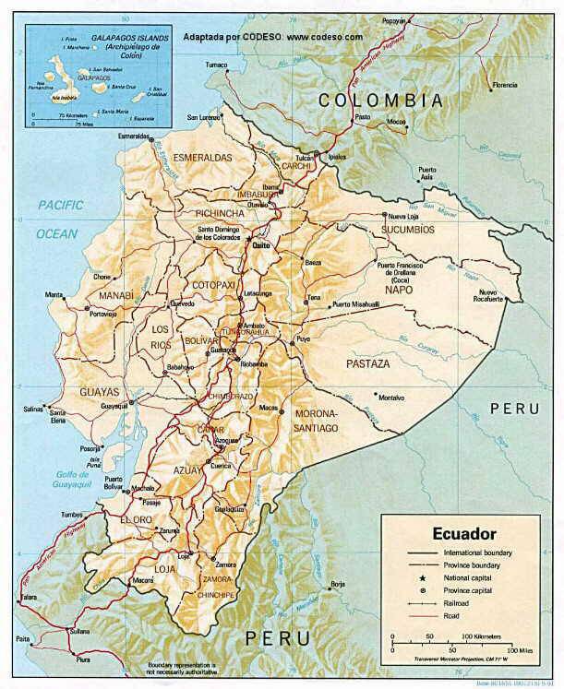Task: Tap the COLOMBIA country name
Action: click(380, 100)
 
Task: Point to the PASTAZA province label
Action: click(367, 365)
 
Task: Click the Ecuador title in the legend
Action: click(465, 533)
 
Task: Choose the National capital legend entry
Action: click(467, 576)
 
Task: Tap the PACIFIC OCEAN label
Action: click(59, 219)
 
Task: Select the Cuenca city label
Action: click(221, 466)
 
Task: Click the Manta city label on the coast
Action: click(55, 295)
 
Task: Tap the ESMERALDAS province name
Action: click(202, 158)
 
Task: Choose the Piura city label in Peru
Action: click(85, 659)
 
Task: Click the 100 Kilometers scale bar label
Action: click(484, 636)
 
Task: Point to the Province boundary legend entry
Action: click(474, 563)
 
